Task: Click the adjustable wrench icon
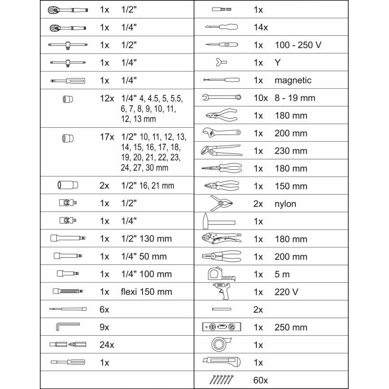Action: tap(221, 133)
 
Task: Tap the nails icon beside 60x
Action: tap(221, 379)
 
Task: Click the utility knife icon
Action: tap(221, 362)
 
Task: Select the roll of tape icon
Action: tap(221, 344)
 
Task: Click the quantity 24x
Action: tap(107, 345)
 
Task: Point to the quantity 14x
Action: tap(260, 27)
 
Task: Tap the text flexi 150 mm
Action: tap(147, 292)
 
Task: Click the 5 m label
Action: tap(283, 274)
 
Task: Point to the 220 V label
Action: tap(286, 292)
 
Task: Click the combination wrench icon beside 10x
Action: tap(221, 97)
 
